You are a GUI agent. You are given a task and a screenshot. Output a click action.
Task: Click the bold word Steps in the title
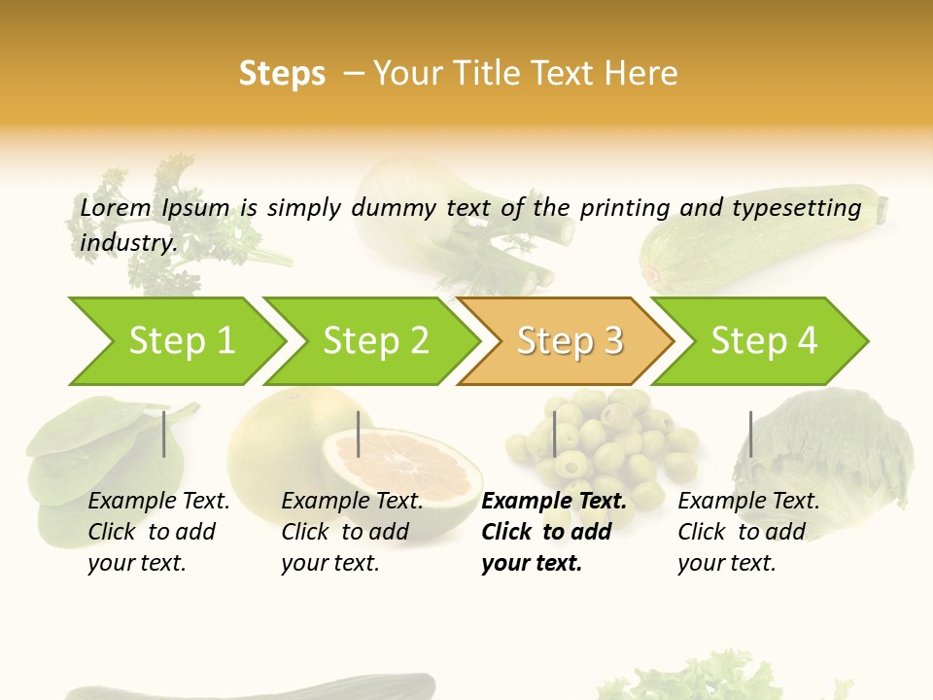282,74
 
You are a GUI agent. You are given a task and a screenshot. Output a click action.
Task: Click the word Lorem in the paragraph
116,207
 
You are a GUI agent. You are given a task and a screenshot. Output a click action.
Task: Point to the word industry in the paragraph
128,243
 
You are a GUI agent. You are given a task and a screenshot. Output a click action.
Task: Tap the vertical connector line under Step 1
164,434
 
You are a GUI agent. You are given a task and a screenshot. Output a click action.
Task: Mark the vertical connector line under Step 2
359,434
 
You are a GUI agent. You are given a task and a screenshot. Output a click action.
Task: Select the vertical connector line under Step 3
554,434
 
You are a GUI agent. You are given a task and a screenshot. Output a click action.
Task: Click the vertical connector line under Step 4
750,434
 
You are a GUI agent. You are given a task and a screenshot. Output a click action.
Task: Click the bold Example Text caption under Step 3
554,501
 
